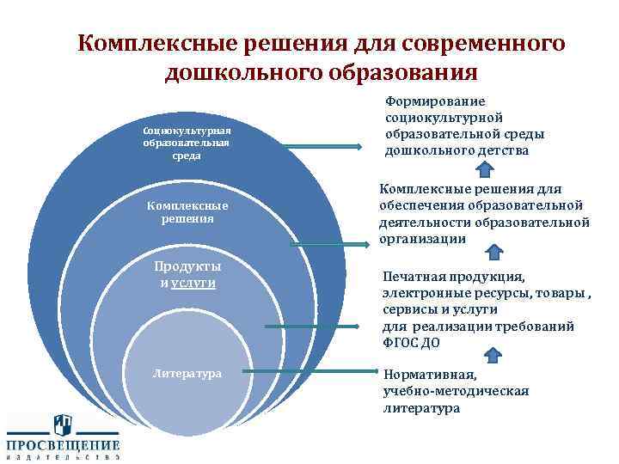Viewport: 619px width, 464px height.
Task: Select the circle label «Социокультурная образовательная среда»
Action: click(187, 143)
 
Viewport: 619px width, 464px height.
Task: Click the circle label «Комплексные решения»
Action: click(187, 212)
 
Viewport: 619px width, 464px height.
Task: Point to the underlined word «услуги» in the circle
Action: click(193, 282)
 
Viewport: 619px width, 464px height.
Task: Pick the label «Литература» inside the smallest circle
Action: click(187, 373)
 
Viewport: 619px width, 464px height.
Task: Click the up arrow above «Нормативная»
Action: click(494, 353)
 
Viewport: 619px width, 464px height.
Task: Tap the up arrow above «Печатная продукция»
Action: click(493, 252)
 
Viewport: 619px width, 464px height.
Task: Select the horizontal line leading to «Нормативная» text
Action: click(318, 372)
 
